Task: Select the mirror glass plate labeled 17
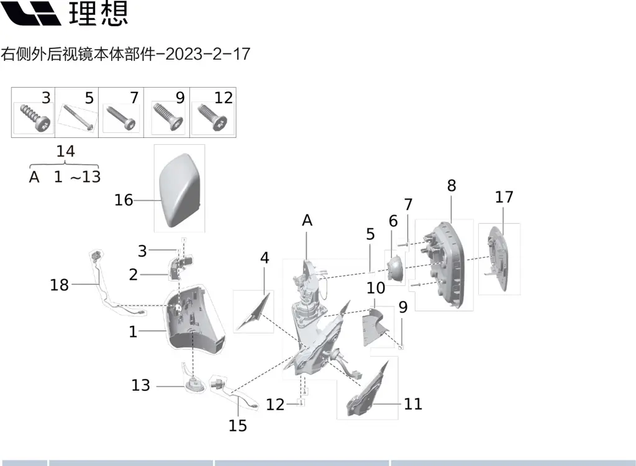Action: (x=498, y=258)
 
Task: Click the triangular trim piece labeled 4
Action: (x=254, y=311)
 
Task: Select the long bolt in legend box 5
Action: (x=78, y=117)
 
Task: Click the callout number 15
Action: (x=238, y=426)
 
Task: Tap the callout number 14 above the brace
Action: (x=65, y=151)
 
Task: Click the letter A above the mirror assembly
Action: (x=307, y=221)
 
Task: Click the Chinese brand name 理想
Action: (x=99, y=13)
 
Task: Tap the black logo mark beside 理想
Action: (x=31, y=13)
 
